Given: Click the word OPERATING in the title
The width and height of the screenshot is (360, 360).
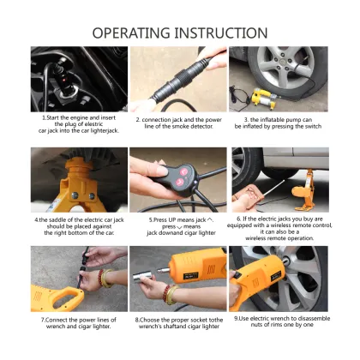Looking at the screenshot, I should pyautogui.click(x=136, y=33).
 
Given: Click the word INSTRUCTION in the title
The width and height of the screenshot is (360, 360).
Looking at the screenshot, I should pyautogui.click(x=225, y=33).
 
